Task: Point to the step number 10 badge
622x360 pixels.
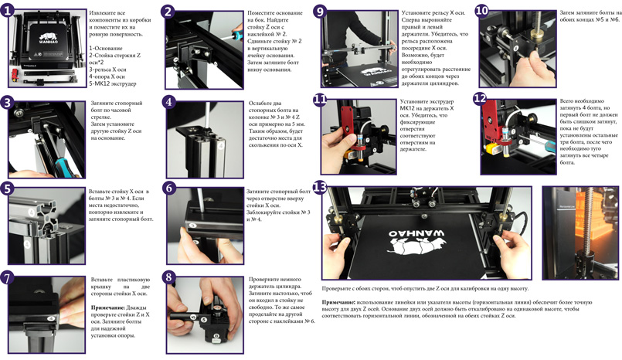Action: (481, 11)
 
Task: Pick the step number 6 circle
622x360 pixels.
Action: (170, 188)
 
